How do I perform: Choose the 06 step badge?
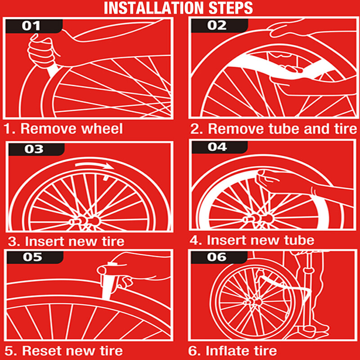[216, 258]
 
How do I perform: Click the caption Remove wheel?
[63, 129]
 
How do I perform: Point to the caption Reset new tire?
[63, 350]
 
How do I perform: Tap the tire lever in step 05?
[107, 283]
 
